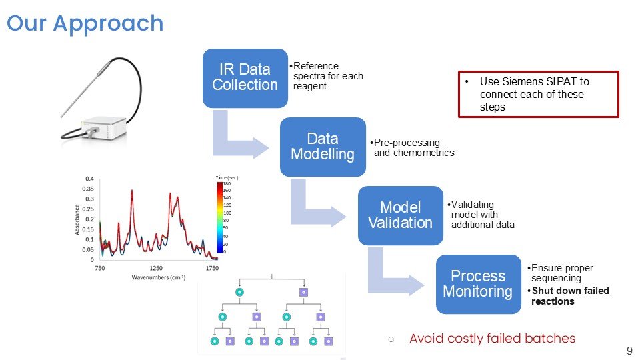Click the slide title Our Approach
[85, 23]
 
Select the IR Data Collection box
[245, 77]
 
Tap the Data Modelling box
[323, 147]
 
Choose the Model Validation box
[400, 215]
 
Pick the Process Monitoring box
[478, 284]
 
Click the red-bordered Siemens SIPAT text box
[538, 94]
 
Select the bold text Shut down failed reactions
[570, 296]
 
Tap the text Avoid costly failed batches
[492, 339]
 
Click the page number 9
[629, 351]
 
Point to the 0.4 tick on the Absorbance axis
[89, 179]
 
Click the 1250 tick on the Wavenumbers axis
[155, 268]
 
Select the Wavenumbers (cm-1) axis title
[158, 277]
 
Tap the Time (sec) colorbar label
[227, 177]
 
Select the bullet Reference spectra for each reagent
[327, 76]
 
